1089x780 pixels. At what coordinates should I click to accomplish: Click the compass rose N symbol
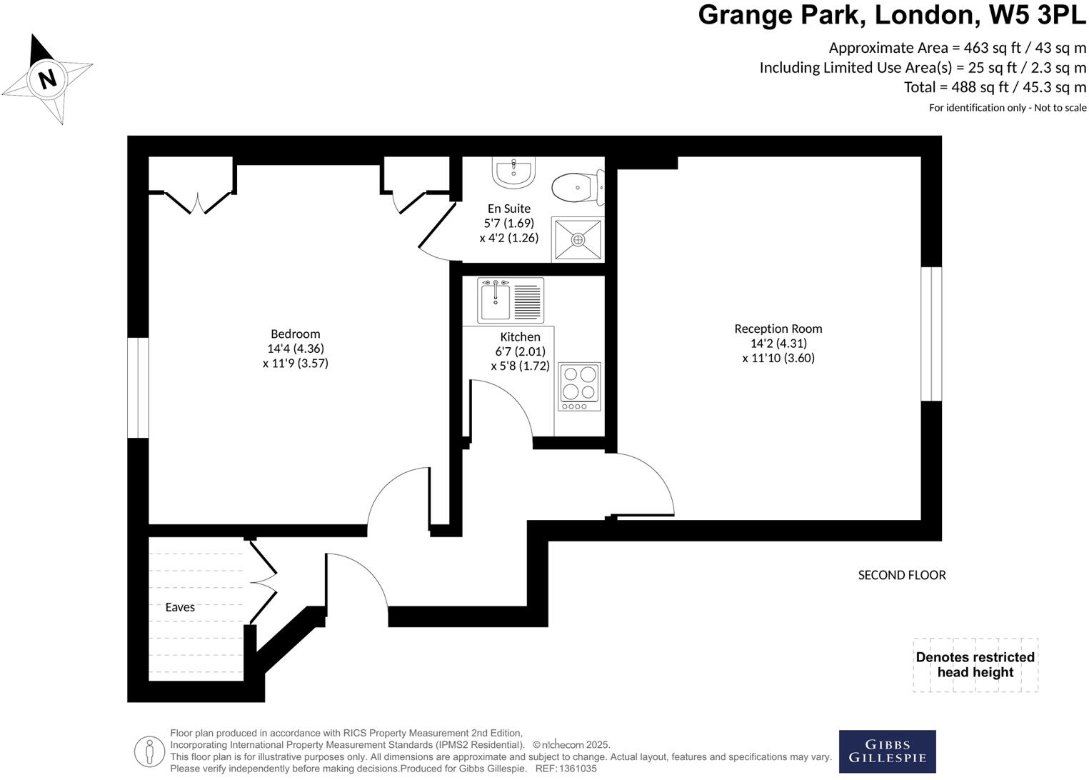(x=47, y=78)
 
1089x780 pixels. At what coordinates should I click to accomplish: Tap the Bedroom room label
(x=295, y=334)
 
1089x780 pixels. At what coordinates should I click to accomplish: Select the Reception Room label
(x=778, y=329)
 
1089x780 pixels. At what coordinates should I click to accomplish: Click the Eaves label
(x=180, y=607)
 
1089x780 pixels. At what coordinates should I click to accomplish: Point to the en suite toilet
(x=577, y=188)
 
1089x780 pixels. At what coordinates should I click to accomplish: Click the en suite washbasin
(x=513, y=172)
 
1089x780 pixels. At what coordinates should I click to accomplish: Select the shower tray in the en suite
(x=578, y=240)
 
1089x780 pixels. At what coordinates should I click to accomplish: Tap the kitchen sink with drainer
(x=511, y=301)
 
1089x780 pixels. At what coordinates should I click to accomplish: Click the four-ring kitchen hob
(x=579, y=386)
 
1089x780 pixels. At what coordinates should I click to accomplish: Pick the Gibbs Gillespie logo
(x=887, y=751)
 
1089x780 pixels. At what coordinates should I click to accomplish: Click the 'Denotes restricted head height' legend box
(x=975, y=665)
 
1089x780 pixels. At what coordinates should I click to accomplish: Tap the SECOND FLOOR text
(x=901, y=575)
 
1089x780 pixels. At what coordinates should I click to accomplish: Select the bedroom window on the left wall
(x=138, y=387)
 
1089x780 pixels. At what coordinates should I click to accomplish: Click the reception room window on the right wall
(x=931, y=334)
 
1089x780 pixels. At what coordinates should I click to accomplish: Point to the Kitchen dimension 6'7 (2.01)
(x=520, y=351)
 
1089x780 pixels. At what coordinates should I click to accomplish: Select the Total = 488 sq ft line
(x=995, y=87)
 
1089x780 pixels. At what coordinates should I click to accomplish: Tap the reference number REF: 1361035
(x=566, y=769)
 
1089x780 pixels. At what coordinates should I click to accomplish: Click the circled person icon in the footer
(x=149, y=751)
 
